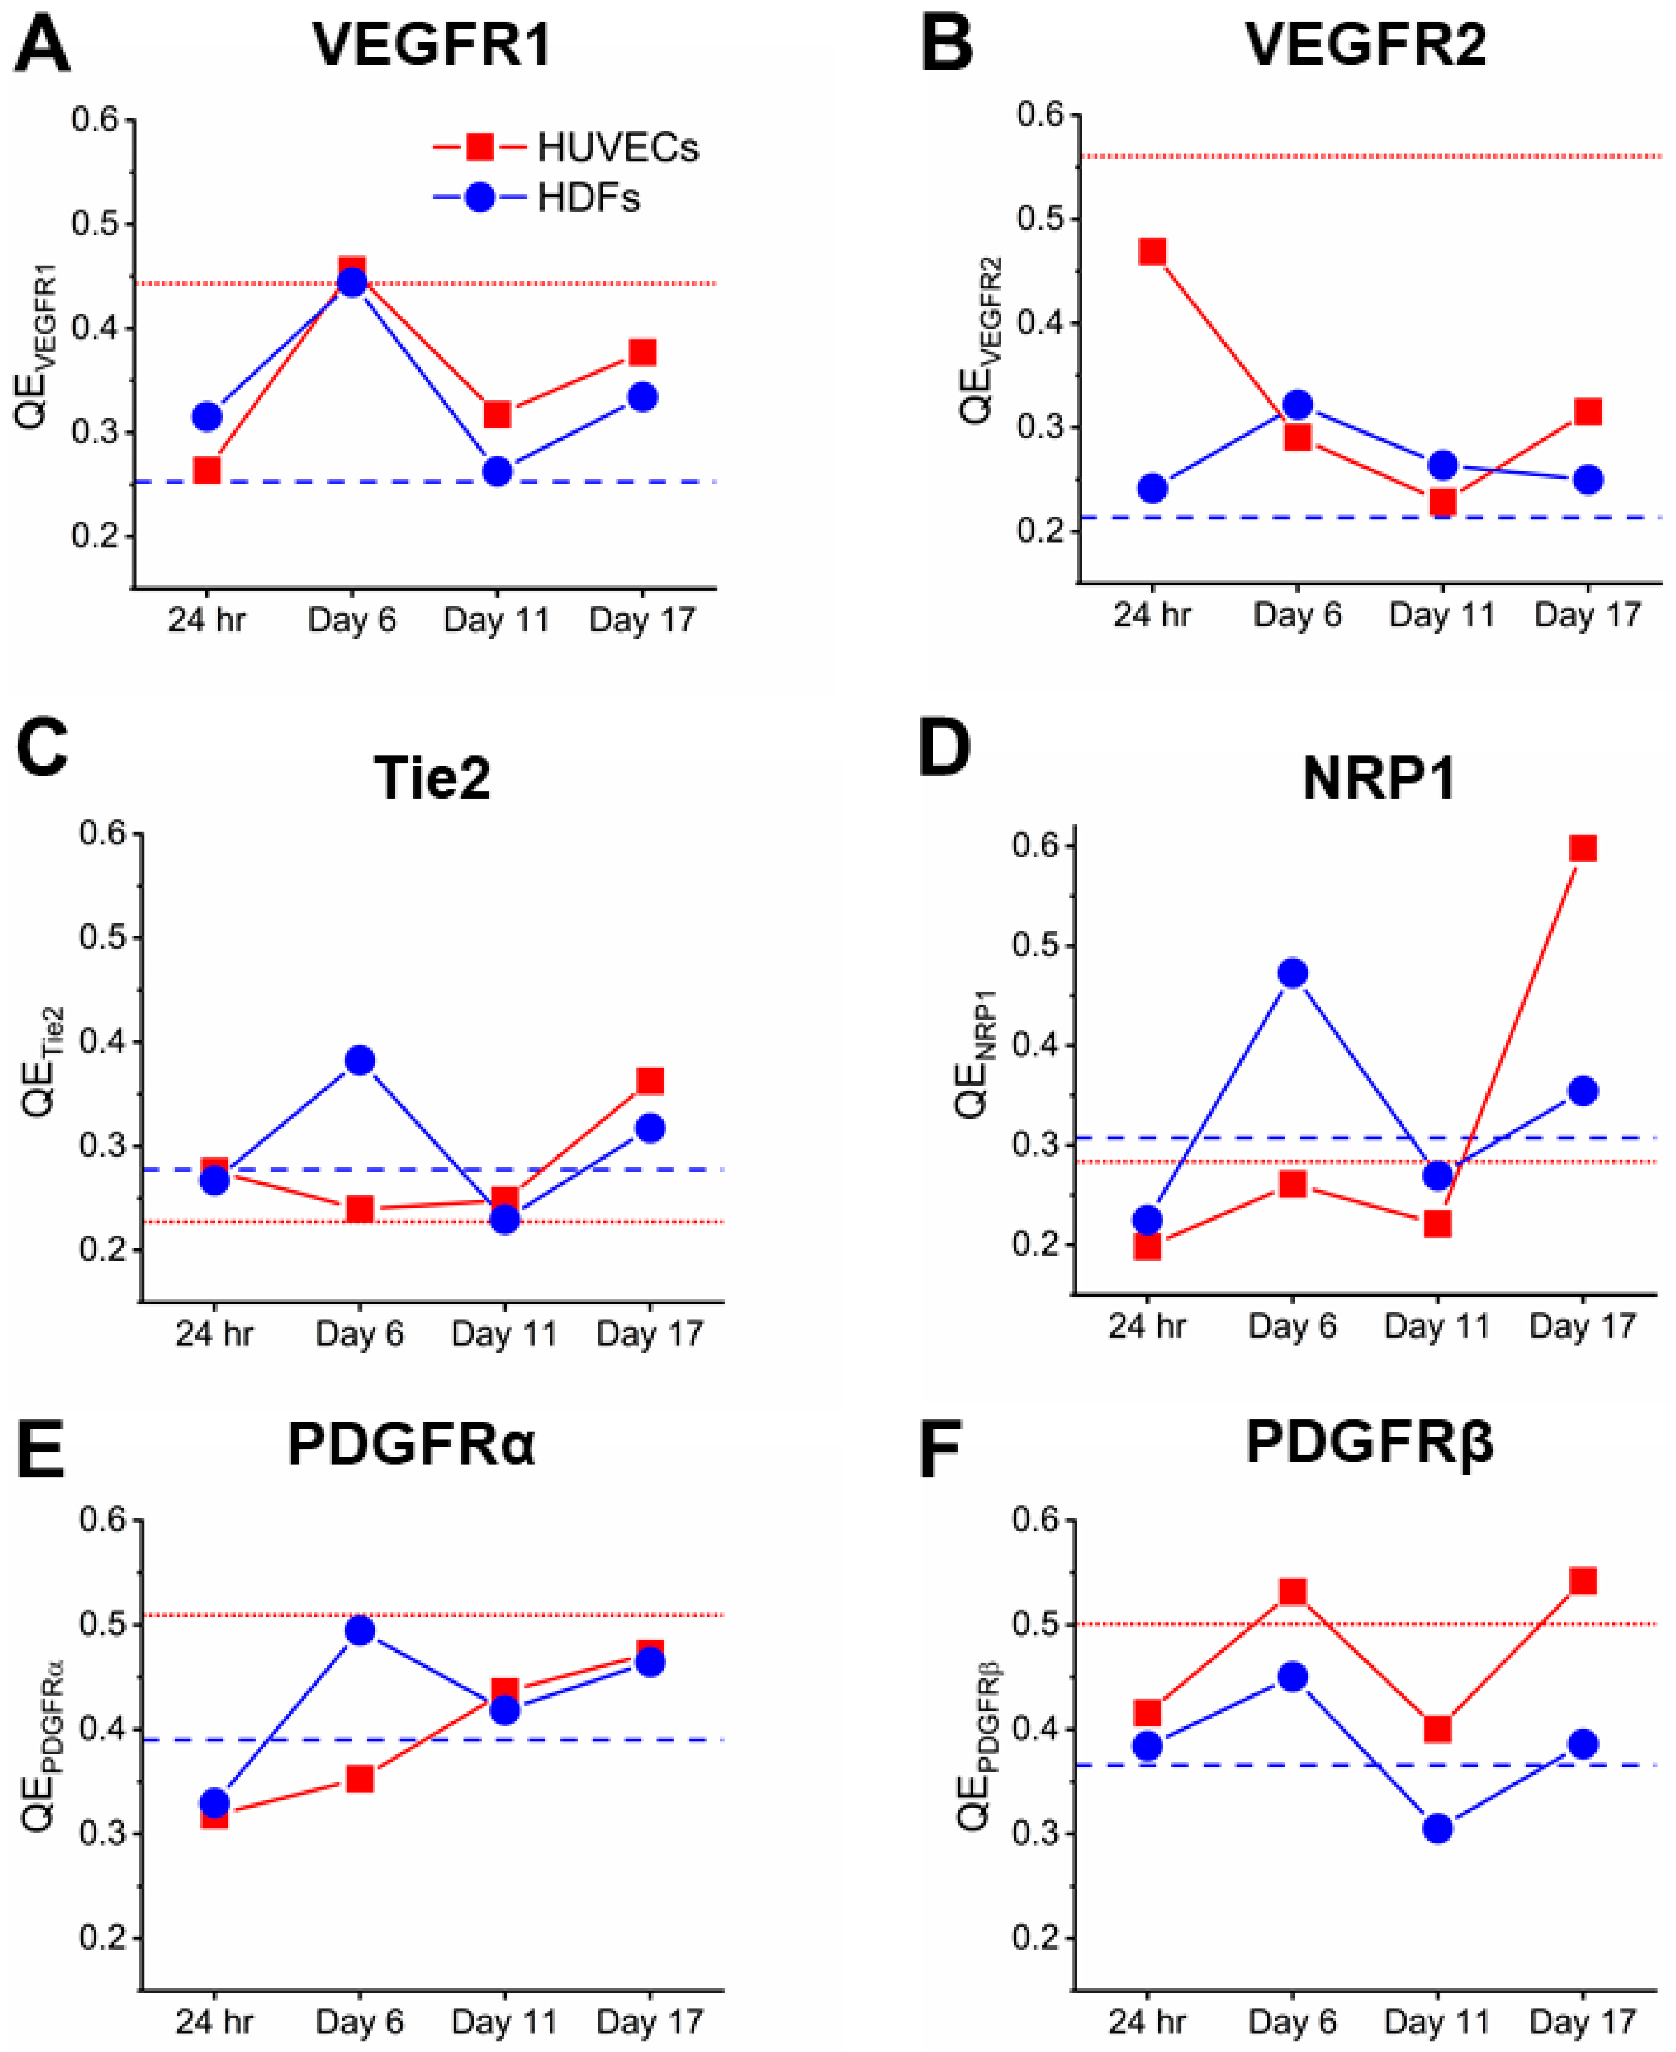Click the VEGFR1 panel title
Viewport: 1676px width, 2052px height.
click(431, 44)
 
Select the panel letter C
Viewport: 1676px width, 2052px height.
click(42, 749)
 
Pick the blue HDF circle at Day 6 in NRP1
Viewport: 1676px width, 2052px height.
click(1292, 974)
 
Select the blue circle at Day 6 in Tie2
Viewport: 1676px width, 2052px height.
click(359, 1060)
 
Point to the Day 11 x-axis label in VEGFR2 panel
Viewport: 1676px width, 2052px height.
click(1441, 614)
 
